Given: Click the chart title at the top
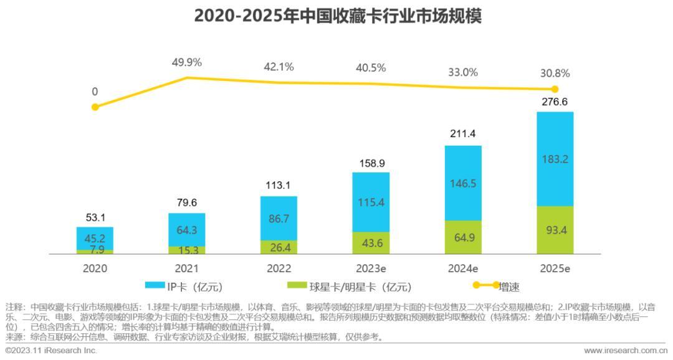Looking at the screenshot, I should coord(337,16).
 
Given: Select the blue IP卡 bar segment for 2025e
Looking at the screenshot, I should coord(555,159).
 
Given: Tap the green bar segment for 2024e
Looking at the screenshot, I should coord(462,237).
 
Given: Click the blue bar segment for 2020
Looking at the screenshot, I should coord(95,238).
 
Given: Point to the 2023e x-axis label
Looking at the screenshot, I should coord(371,268).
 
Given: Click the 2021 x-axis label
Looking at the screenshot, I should coord(186,268).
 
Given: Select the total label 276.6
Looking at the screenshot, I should coord(555,102).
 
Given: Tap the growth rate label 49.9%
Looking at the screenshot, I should coord(187,62).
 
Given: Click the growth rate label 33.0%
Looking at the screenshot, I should coord(462,72).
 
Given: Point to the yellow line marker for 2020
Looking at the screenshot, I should coord(95,107).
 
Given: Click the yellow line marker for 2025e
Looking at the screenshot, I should coord(555,90).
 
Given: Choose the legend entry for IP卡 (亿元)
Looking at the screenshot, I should coord(183,287).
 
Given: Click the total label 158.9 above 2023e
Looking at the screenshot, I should coord(371,163).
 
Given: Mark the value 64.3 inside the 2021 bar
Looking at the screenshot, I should coord(186,230).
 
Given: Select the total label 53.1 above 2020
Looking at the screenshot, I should coord(95,217).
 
